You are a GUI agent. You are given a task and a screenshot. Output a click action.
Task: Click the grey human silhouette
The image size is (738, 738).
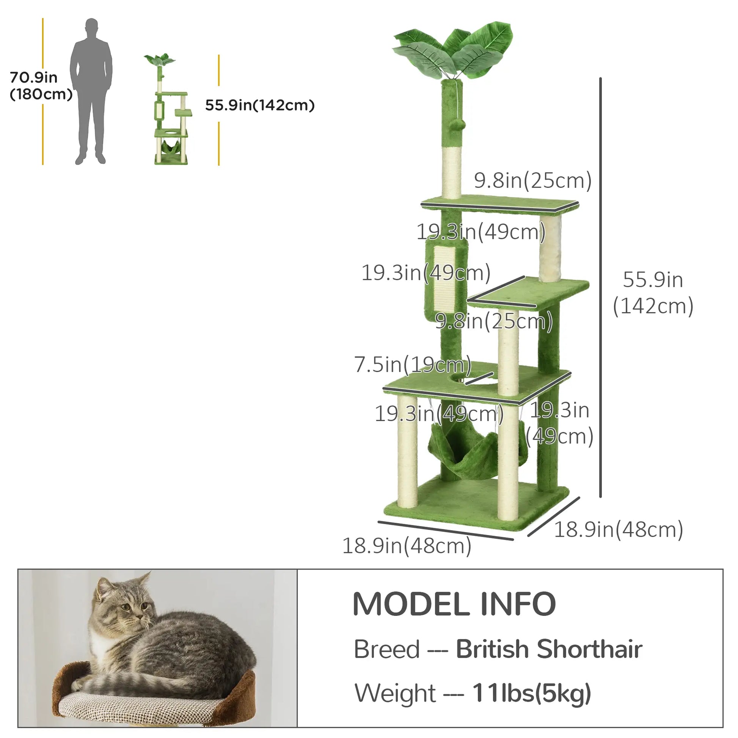click(91, 92)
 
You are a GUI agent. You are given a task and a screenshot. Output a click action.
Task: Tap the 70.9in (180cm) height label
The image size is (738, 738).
click(40, 86)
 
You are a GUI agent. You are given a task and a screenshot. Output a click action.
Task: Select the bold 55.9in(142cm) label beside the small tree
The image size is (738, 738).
click(260, 105)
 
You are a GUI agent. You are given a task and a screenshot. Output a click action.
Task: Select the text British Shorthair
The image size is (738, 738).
click(549, 649)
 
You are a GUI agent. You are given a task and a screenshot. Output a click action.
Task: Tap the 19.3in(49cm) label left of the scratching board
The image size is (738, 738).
click(426, 272)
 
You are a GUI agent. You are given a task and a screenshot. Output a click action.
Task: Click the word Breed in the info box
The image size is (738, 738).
click(386, 649)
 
